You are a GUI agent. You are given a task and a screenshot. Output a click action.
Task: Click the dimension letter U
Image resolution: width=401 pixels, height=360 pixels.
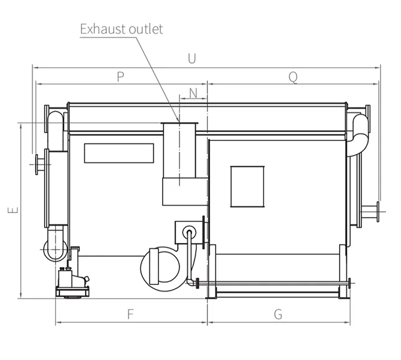click(192, 59)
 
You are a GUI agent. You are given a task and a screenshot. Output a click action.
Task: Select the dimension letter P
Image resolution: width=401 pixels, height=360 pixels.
click(121, 76)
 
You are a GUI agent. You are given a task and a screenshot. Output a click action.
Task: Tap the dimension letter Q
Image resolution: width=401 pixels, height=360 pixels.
click(293, 77)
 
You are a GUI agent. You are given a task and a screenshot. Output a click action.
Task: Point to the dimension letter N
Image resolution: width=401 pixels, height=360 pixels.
click(193, 93)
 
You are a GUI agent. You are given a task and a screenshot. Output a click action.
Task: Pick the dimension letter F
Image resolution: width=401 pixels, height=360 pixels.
click(130, 314)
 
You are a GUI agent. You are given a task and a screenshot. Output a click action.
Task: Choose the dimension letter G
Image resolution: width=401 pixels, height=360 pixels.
click(278, 314)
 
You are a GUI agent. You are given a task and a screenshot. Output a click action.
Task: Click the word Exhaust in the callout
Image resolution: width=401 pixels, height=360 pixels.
click(103, 29)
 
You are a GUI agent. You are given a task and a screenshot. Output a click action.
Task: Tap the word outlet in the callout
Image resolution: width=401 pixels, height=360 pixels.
click(146, 29)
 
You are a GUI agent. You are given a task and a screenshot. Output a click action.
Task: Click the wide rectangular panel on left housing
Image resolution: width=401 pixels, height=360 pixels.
click(119, 153)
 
